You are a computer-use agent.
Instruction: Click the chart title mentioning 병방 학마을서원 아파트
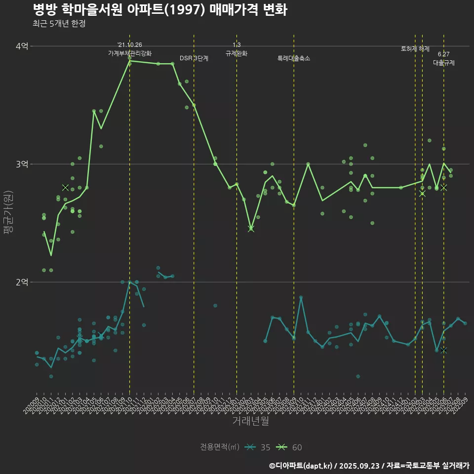pos(159,9)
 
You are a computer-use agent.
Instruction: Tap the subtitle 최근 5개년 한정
pos(59,24)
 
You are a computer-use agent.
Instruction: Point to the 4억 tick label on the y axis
pos(22,46)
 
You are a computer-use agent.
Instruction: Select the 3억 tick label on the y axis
pos(22,164)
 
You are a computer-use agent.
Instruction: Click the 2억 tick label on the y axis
pos(22,282)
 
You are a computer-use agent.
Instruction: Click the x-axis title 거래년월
pos(250,421)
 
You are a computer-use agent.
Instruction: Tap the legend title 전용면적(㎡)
pos(219,447)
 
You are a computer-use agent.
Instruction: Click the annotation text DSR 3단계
pos(194,58)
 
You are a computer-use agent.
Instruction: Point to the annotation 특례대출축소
pos(294,58)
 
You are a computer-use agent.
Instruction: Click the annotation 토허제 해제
pos(415,49)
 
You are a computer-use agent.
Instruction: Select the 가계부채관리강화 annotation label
pos(130,53)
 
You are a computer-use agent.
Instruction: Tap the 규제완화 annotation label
pos(237,53)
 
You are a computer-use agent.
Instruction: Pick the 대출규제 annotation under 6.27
pos(444,63)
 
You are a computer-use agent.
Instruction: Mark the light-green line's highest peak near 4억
pos(130,61)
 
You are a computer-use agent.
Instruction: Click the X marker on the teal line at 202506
pos(444,350)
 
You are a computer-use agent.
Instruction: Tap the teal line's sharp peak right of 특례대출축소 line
pos(301,298)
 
